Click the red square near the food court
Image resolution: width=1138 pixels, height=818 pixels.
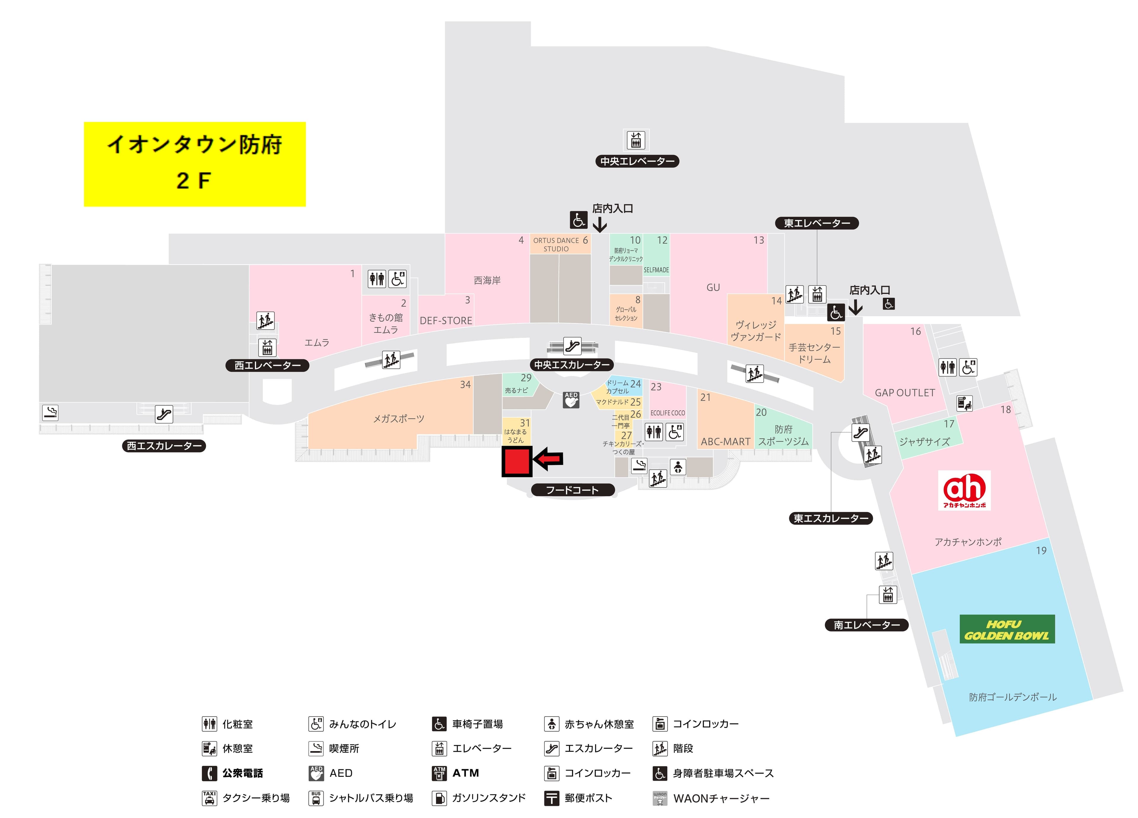517,461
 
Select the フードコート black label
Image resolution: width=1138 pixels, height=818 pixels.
573,490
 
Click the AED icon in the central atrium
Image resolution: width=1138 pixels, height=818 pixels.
571,400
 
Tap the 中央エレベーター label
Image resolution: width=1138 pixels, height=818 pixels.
637,161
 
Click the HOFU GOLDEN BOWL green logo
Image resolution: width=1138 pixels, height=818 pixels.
1006,629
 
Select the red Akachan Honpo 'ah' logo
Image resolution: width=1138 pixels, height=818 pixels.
964,490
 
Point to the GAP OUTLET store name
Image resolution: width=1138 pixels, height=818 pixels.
905,393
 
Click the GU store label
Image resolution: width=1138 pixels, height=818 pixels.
713,287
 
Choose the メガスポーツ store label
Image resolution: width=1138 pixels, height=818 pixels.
398,419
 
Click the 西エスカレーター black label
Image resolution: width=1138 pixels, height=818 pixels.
164,446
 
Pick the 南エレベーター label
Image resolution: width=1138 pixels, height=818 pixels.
867,625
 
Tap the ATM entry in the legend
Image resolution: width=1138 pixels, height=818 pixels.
465,773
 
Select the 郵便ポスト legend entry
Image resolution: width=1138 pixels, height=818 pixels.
588,798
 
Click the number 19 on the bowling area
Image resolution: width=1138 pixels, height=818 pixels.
1041,551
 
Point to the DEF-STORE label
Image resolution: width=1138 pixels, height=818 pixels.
445,320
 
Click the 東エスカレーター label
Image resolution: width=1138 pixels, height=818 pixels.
830,518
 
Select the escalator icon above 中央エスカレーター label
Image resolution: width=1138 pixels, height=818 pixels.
572,346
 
